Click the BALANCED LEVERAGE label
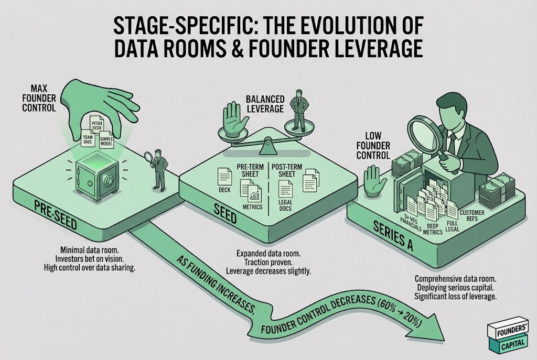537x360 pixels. click(265, 104)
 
